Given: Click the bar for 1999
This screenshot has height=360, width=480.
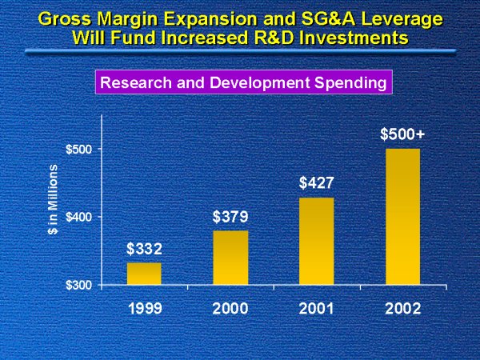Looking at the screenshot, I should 144,274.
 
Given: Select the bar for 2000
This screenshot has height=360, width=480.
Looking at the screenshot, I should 230,258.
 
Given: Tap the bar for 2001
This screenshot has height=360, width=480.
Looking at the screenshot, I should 316,241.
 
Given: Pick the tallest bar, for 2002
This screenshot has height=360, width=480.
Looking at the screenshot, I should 402,216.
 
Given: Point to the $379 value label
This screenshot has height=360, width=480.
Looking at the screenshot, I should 230,217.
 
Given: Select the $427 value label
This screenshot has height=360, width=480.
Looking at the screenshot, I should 316,183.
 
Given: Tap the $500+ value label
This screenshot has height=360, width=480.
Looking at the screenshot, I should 402,134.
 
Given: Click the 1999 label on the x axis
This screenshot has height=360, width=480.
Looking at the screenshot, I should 144,308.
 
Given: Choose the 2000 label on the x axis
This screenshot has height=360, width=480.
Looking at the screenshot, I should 230,308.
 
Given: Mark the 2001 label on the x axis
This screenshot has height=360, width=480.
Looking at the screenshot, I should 316,308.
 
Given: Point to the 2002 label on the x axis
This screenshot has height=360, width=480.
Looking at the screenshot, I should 402,308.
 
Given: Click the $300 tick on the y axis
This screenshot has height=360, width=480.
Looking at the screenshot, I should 80,285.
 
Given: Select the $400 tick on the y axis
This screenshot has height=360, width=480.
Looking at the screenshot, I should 80,217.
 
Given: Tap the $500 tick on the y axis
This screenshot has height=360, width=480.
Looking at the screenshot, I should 80,150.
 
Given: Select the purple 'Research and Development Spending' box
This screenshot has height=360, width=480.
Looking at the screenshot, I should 242,82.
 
